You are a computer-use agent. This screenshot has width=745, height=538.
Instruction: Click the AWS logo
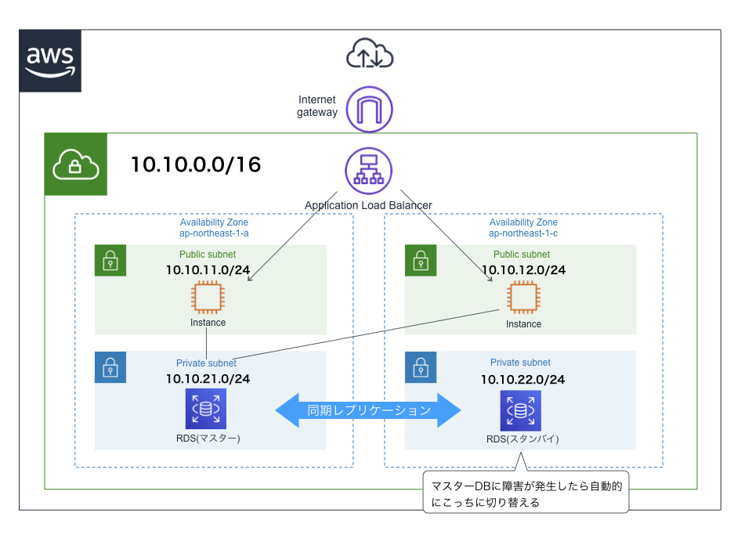pos(50,62)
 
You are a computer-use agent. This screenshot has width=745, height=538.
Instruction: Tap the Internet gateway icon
pos(369,110)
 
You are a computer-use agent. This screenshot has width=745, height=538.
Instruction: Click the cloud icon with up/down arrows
pos(369,55)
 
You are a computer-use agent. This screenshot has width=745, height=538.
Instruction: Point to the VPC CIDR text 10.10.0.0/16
pos(196,165)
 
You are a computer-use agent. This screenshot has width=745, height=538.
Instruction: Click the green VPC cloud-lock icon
pos(75,164)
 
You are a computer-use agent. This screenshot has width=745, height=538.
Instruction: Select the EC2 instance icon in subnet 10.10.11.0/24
pos(208,298)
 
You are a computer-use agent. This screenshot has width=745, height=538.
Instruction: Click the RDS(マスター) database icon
pos(205,409)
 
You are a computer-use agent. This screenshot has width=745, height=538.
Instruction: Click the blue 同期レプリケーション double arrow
pos(367,410)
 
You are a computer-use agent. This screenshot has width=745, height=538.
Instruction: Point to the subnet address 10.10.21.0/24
pos(208,379)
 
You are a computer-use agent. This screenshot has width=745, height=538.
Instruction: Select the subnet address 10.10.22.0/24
pos(523,379)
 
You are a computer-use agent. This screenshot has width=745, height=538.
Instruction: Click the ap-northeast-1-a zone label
pos(215,234)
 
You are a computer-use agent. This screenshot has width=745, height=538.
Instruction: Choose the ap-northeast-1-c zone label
pos(523,234)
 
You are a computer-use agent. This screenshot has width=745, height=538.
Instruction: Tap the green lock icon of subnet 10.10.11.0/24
pos(110,260)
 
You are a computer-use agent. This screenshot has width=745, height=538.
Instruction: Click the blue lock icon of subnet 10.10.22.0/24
pos(420,367)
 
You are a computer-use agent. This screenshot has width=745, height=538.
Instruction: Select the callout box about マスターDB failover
pos(526,492)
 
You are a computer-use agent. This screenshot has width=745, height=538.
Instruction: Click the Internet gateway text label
pos(317,106)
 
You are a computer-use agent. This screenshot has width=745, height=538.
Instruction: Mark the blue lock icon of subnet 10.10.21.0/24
pos(110,367)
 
